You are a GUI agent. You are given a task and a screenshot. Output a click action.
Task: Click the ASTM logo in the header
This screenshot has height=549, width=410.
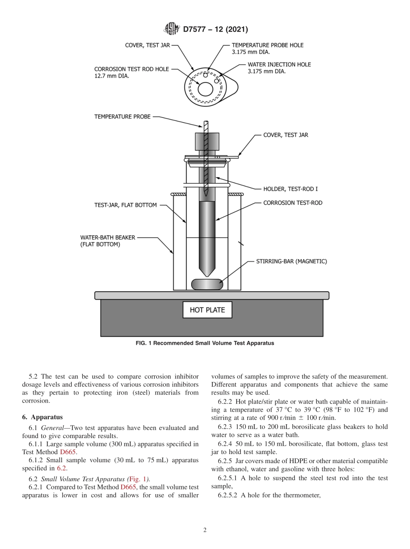pyautogui.click(x=171, y=29)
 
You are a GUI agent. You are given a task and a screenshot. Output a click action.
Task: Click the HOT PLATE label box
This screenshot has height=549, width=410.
pyautogui.click(x=207, y=310)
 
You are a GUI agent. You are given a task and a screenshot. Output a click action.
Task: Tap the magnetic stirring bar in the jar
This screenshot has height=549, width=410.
pyautogui.click(x=207, y=284)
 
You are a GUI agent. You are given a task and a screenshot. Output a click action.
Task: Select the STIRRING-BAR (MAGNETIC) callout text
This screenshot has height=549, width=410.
pyautogui.click(x=291, y=261)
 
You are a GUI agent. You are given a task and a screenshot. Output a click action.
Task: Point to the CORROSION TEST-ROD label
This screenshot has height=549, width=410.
pyautogui.click(x=293, y=202)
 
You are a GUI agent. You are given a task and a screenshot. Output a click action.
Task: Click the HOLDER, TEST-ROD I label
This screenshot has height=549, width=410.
pyautogui.click(x=290, y=189)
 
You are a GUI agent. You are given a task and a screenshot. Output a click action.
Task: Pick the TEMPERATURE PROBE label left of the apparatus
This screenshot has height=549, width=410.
pyautogui.click(x=123, y=117)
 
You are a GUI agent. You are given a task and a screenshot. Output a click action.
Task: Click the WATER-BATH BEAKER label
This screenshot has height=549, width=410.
pyautogui.click(x=108, y=237)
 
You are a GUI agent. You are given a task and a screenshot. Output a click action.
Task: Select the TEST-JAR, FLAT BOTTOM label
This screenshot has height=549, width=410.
pyautogui.click(x=126, y=205)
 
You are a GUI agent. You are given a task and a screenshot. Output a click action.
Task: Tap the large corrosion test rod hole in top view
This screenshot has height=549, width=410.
pyautogui.click(x=205, y=89)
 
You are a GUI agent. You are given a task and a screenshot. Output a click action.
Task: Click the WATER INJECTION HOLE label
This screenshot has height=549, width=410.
pyautogui.click(x=279, y=64)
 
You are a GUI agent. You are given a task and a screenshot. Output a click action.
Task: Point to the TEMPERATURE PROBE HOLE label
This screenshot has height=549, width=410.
pyautogui.click(x=267, y=45)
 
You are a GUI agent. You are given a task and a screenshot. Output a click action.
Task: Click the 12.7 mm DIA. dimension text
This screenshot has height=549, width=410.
pyautogui.click(x=112, y=76)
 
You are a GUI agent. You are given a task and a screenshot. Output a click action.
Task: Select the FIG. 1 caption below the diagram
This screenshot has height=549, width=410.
pyautogui.click(x=205, y=343)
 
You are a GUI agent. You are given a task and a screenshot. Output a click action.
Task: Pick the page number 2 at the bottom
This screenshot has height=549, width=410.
pyautogui.click(x=205, y=530)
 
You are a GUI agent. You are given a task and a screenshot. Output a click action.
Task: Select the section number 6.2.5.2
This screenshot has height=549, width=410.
pyautogui.click(x=228, y=495)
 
